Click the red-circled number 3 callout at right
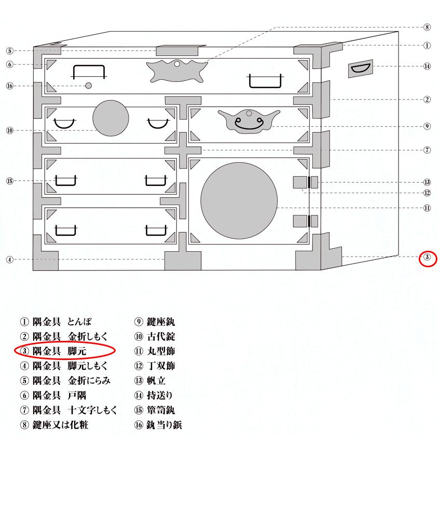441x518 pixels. click(427, 257)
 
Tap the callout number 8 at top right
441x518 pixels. click(427, 27)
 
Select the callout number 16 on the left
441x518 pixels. click(9, 86)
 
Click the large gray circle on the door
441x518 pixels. click(239, 200)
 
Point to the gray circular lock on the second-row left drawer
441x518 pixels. click(111, 118)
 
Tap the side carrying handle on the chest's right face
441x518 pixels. click(360, 69)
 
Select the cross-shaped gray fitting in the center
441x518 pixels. click(183, 150)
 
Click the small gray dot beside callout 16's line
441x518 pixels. click(88, 85)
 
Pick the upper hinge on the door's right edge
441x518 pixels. click(306, 182)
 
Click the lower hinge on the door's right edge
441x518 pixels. click(306, 221)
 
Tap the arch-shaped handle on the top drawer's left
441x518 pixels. click(89, 72)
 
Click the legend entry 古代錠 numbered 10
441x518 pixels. click(155, 337)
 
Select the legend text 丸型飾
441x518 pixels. click(155, 351)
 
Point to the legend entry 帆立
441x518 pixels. click(150, 381)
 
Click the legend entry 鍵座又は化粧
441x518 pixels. click(54, 425)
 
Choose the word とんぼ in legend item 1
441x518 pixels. click(79, 322)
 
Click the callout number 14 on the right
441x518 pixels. click(427, 66)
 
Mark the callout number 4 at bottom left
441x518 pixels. click(9, 260)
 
